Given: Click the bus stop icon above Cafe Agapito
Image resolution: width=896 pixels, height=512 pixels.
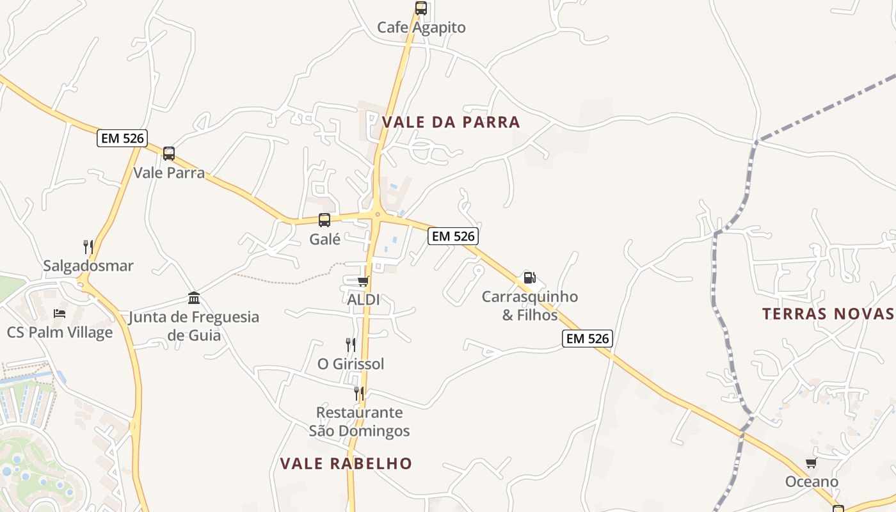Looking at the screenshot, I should point(421,8).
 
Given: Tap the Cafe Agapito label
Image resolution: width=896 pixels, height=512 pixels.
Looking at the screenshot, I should point(421,28).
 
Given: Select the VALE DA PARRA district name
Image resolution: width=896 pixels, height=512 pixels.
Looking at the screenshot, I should point(451,122).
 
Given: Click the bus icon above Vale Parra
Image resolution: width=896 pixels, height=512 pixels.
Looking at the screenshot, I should point(169,154).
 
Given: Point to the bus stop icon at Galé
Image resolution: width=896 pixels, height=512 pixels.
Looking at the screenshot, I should point(324,220).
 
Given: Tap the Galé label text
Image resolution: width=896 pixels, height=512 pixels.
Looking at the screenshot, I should point(325,239).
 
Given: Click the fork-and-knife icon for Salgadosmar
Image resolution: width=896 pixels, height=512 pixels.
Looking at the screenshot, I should point(88,246).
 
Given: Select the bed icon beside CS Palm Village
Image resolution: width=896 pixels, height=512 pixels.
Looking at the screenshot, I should point(60,314).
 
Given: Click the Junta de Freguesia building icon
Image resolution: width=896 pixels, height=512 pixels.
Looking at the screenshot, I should point(194,298).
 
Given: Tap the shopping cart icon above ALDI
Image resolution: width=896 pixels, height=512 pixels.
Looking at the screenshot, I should point(364,281).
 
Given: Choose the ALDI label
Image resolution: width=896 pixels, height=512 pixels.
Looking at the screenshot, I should point(364,300).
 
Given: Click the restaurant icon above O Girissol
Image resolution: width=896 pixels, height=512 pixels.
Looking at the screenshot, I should point(351,345).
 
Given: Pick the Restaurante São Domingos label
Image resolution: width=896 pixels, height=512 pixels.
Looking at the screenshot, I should point(359,422).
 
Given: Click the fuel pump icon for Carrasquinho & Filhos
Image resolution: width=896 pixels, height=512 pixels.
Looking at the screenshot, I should point(529,278).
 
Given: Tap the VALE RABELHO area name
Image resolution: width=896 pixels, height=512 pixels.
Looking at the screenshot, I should point(346,463).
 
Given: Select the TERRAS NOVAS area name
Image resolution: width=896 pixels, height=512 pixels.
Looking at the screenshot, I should point(828,314).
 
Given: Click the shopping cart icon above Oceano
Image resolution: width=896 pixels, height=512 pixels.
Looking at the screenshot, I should point(812,463).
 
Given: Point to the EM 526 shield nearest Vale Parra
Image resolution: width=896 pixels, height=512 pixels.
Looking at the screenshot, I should point(122,138).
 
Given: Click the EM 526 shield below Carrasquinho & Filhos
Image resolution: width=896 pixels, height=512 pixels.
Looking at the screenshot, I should point(588,339).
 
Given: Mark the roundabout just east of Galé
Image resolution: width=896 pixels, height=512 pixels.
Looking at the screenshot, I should point(378,215).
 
